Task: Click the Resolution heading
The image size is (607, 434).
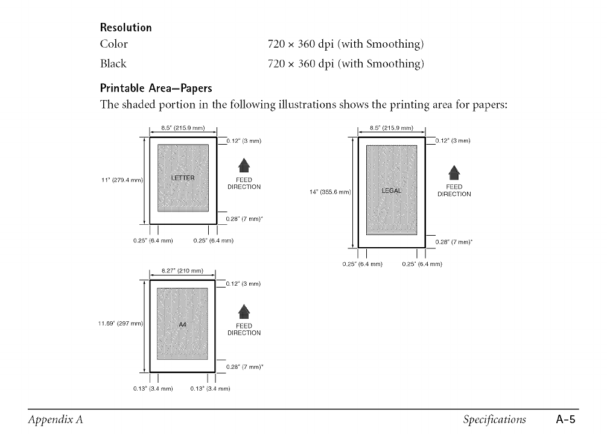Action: click(x=126, y=28)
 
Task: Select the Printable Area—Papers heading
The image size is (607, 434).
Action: click(x=156, y=89)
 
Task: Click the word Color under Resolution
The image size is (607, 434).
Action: click(x=114, y=44)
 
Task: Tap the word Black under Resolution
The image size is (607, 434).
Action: click(x=113, y=63)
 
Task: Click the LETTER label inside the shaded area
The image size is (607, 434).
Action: click(x=183, y=178)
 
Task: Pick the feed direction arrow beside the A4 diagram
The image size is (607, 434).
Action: click(x=244, y=311)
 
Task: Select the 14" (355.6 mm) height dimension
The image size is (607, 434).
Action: click(x=329, y=192)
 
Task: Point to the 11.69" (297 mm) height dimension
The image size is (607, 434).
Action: click(x=120, y=324)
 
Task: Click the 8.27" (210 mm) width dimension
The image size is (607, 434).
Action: click(x=182, y=271)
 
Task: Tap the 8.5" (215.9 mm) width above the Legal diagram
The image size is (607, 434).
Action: click(x=392, y=128)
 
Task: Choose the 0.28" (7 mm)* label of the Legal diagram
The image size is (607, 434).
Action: click(x=454, y=243)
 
